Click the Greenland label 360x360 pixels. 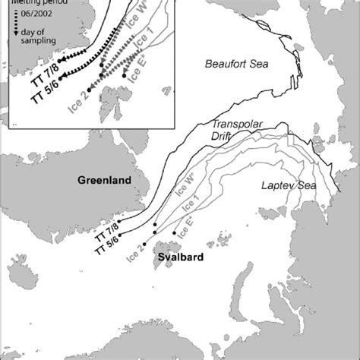point(105,180)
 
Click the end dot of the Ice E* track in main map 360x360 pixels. point(175,233)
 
